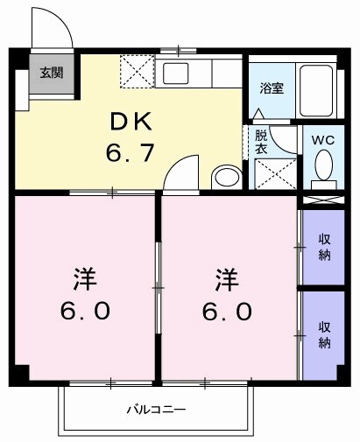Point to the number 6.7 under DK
coord(131,154)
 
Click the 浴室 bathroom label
coord(272,88)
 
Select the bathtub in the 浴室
coord(316,89)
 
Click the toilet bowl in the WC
coord(322,164)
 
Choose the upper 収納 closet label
coord(324,248)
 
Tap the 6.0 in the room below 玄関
coord(85,311)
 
